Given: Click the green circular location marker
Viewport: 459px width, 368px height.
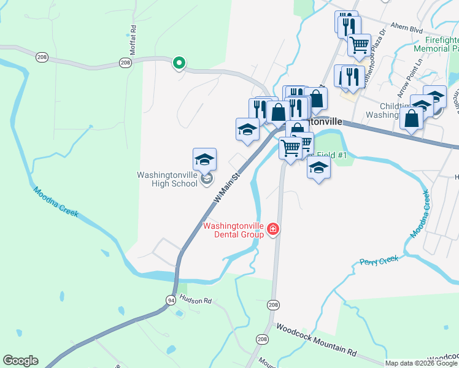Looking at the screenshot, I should click(179, 62).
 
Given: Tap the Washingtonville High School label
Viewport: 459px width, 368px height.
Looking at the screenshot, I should click(167, 179).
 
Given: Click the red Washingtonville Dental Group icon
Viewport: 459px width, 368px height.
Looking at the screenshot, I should click(273, 230).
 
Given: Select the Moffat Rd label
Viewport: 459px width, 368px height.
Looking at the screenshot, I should click(132, 38).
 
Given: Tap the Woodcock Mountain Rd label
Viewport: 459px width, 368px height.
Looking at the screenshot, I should click(316, 340).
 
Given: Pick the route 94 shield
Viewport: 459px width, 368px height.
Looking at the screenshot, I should click(171, 299).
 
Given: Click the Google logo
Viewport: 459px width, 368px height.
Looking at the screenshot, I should click(20, 360).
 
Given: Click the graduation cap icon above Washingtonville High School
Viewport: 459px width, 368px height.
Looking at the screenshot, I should click(204, 159).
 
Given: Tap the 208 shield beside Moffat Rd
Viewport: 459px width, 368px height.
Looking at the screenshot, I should click(126, 63).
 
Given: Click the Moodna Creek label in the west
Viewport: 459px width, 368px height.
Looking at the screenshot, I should click(56, 201).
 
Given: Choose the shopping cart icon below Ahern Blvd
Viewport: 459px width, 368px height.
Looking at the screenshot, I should click(359, 44).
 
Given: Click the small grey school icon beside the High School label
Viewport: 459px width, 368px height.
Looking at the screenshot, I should click(207, 179).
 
